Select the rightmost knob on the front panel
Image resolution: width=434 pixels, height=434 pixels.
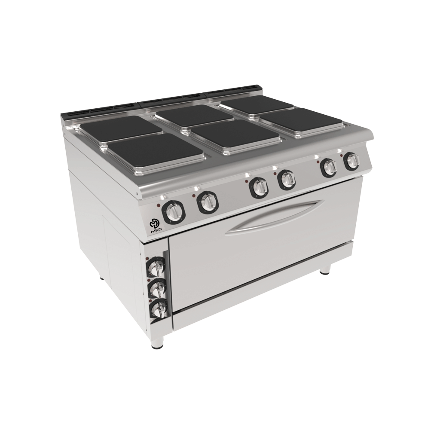(x=352, y=160)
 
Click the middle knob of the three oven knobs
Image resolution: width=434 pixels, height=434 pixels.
(x=157, y=289)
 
